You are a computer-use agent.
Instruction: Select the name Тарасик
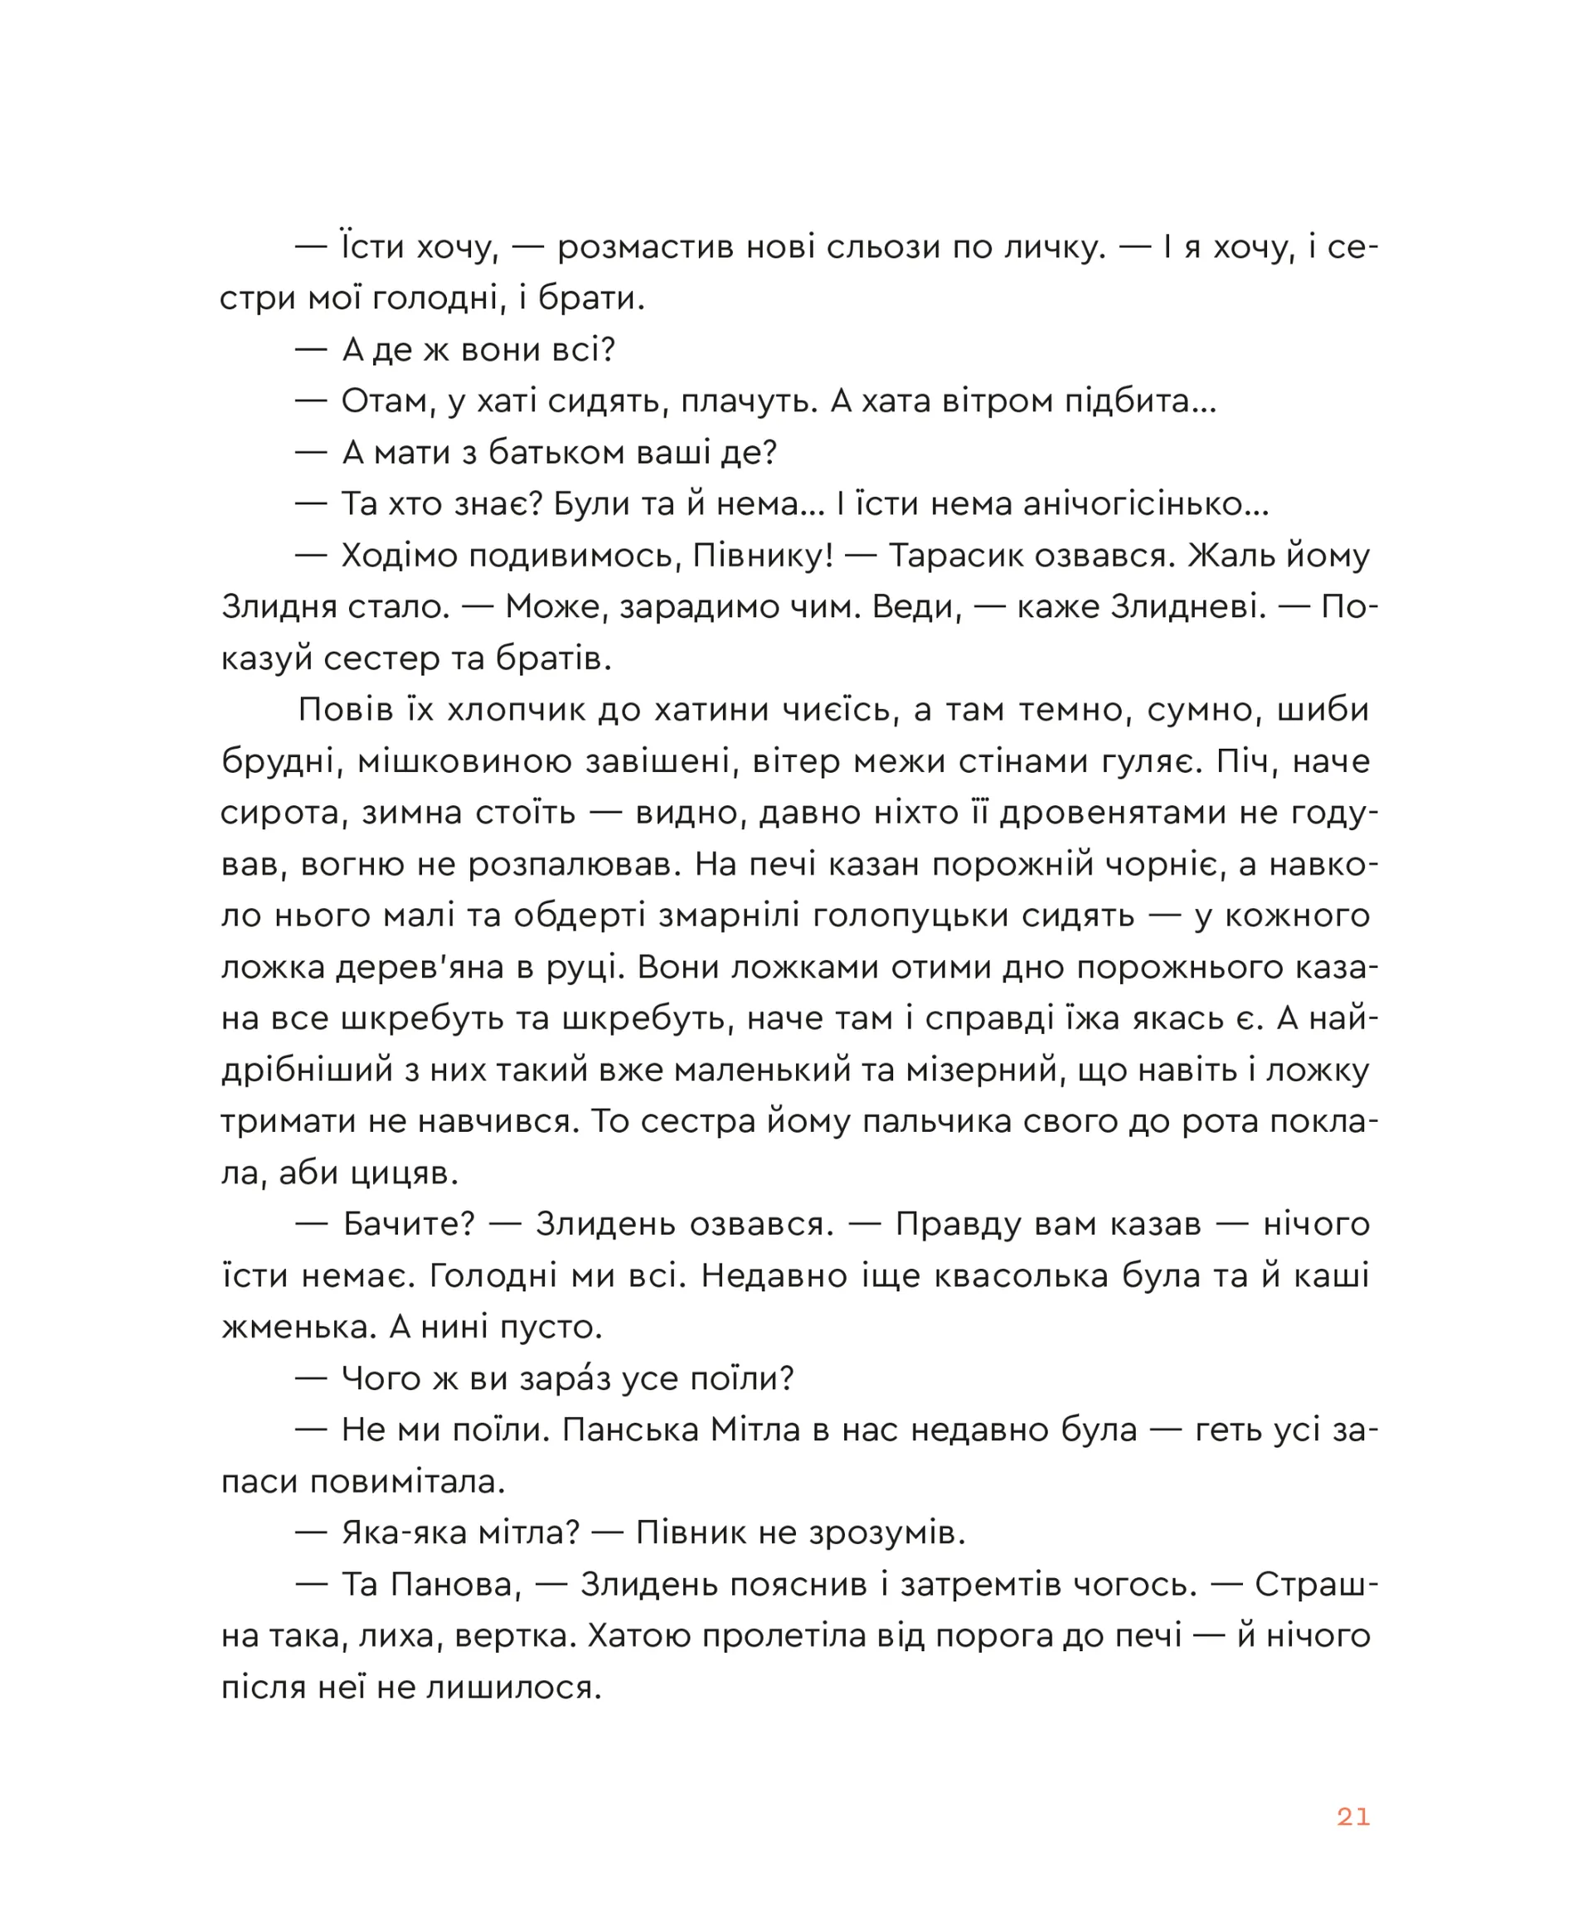tap(976, 555)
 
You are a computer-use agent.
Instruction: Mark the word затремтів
tap(994, 1584)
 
